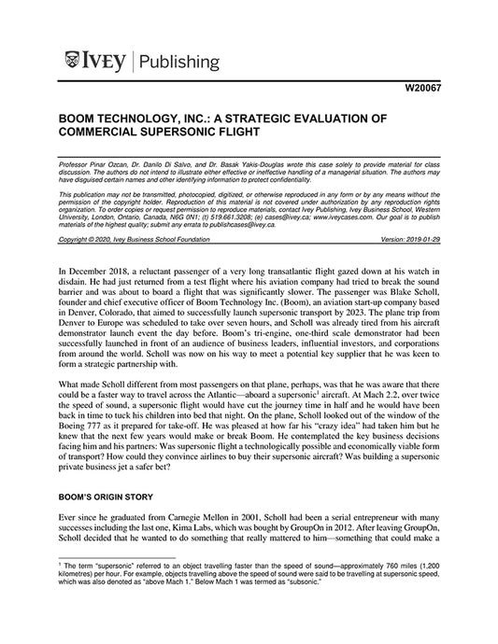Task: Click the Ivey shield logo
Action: click(x=71, y=63)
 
